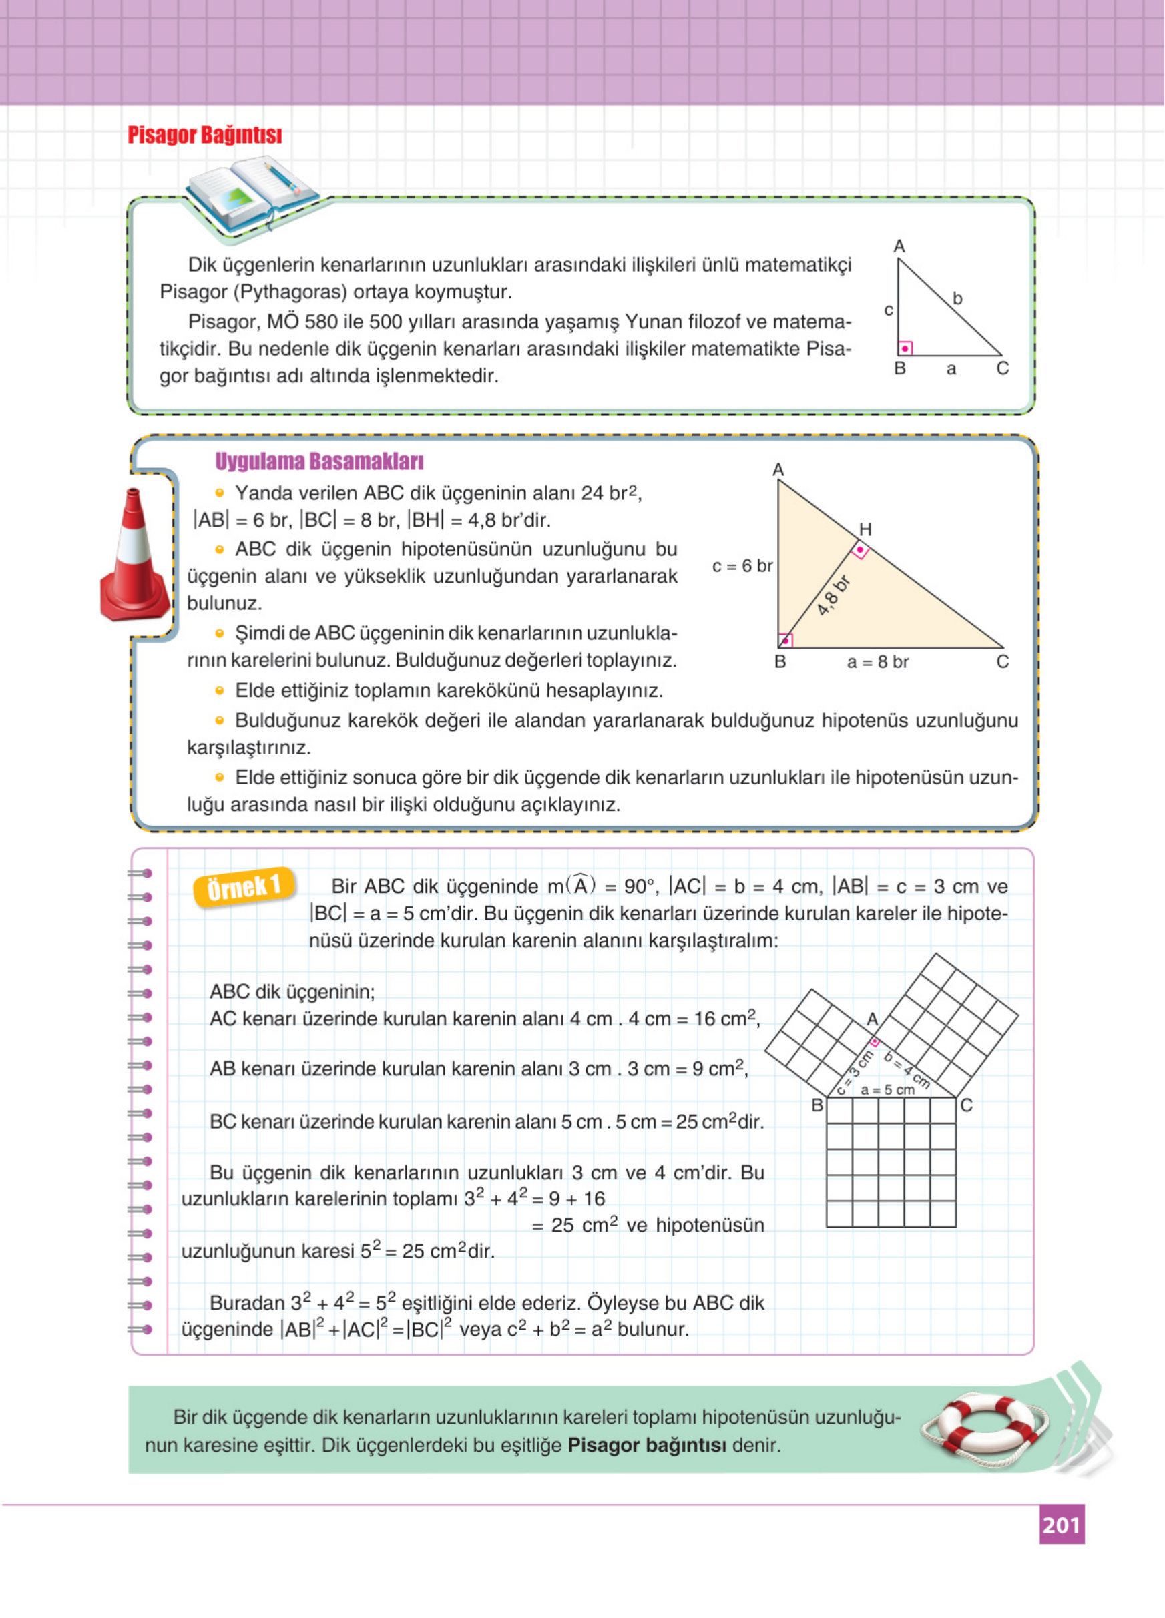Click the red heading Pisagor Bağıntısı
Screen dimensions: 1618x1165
tap(205, 135)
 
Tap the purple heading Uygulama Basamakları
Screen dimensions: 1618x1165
tap(319, 462)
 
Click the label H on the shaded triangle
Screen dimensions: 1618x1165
tap(865, 529)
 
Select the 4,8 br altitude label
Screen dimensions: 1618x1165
tap(833, 595)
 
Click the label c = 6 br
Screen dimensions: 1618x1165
tap(742, 566)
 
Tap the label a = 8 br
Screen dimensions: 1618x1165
tap(877, 662)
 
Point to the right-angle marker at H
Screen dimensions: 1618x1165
tap(861, 551)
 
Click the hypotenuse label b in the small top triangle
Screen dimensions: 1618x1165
tap(958, 299)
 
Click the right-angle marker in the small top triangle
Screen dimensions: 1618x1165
tap(905, 348)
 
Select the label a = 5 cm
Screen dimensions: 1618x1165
tap(887, 1089)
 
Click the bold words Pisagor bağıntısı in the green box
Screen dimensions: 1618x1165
tap(646, 1445)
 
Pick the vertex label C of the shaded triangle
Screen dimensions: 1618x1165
tap(1002, 662)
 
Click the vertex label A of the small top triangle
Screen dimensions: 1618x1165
tap(899, 246)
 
